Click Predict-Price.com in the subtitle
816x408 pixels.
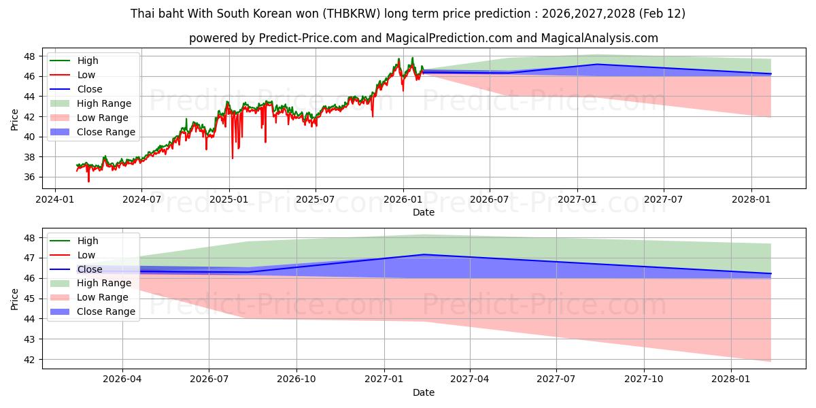(308, 38)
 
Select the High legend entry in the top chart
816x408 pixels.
(88, 61)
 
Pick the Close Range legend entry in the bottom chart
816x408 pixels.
(106, 311)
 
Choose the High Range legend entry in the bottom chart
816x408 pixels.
(104, 283)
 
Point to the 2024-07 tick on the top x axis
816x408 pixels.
(141, 199)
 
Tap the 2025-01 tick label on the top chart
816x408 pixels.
(228, 199)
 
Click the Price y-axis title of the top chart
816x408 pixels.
(15, 119)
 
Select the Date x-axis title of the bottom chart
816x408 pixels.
(423, 392)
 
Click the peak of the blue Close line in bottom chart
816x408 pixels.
(424, 254)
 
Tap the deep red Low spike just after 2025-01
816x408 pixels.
(233, 158)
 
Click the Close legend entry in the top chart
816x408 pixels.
(90, 89)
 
